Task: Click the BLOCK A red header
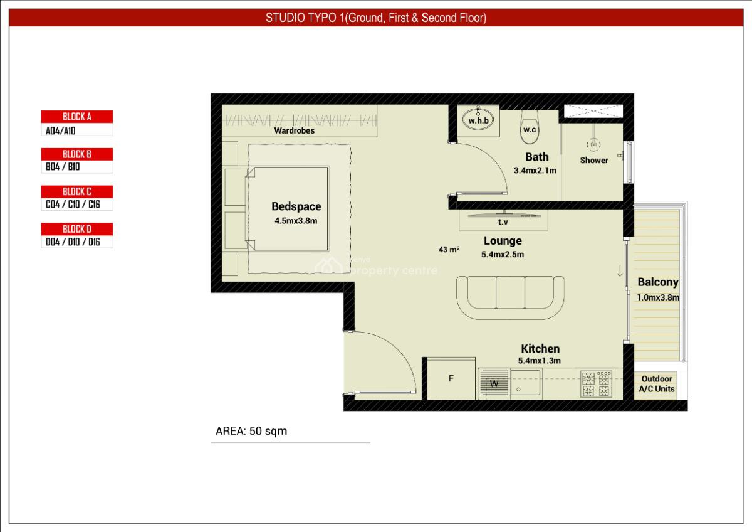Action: pyautogui.click(x=77, y=117)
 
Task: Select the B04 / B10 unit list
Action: pyautogui.click(x=77, y=167)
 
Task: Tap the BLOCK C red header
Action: pyautogui.click(x=77, y=191)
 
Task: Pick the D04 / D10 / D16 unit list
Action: pyautogui.click(x=77, y=242)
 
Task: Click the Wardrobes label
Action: pyautogui.click(x=295, y=131)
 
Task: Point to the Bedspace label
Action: pyautogui.click(x=296, y=206)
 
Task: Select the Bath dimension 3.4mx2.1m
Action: pyautogui.click(x=535, y=170)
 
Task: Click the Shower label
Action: pyautogui.click(x=594, y=161)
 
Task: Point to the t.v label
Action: pyautogui.click(x=503, y=222)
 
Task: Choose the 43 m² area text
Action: pyautogui.click(x=449, y=249)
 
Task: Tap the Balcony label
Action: pyautogui.click(x=658, y=282)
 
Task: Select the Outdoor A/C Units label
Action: pyautogui.click(x=657, y=384)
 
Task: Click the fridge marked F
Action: pyautogui.click(x=451, y=378)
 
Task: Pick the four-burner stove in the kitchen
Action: pyautogui.click(x=596, y=384)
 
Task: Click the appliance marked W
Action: pyautogui.click(x=494, y=384)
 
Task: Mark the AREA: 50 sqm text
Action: pyautogui.click(x=251, y=431)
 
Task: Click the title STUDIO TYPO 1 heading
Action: pyautogui.click(x=376, y=18)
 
